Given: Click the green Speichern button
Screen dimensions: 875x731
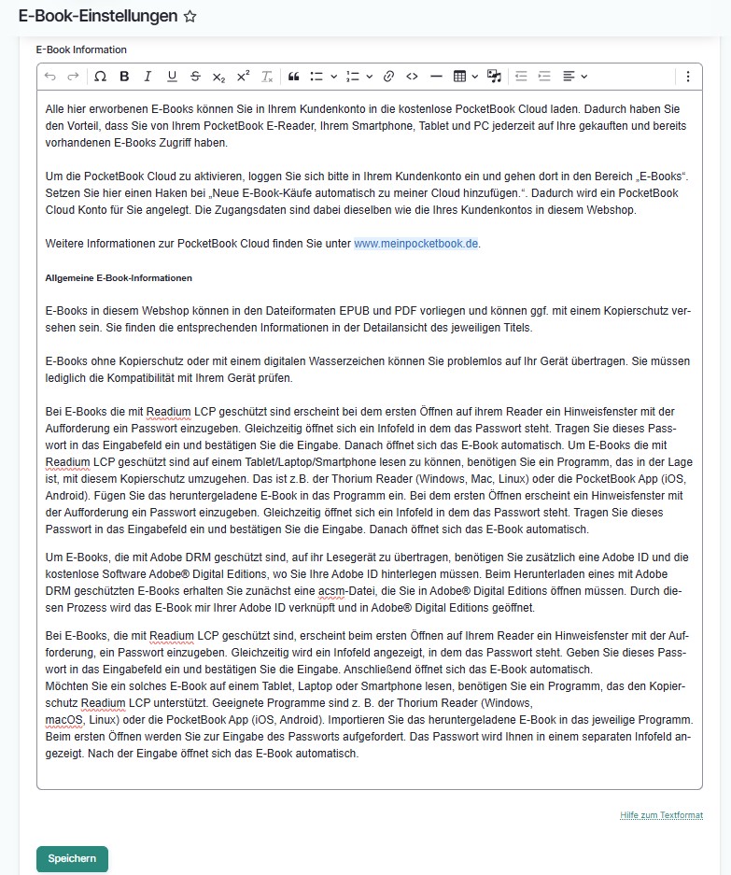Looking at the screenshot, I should [72, 858].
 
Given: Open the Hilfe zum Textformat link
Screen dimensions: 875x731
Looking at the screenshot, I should [661, 815].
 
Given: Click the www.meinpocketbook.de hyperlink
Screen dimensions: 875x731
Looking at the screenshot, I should [415, 244].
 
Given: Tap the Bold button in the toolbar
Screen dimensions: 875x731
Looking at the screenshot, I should [123, 77].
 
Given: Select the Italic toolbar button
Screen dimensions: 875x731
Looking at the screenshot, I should [148, 77].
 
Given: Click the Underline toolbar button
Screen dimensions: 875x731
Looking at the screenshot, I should [171, 77].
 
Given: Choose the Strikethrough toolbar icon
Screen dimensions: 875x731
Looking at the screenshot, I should [195, 77].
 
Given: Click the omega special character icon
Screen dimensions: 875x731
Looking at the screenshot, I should [100, 77].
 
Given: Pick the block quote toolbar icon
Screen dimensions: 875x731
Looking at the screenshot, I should [293, 77].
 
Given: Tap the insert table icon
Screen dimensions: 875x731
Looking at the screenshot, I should [459, 77].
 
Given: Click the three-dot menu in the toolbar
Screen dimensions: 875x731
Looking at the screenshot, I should [688, 77].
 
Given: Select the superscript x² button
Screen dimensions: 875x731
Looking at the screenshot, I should [243, 77].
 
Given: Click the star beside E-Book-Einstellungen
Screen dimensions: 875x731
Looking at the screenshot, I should [190, 17].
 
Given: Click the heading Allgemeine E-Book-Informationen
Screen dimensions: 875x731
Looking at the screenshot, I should [119, 278].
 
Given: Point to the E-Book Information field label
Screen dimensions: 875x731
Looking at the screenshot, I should [81, 49].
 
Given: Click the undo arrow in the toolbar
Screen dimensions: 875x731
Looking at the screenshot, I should [50, 77].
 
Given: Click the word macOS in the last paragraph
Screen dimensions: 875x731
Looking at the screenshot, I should [63, 720].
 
